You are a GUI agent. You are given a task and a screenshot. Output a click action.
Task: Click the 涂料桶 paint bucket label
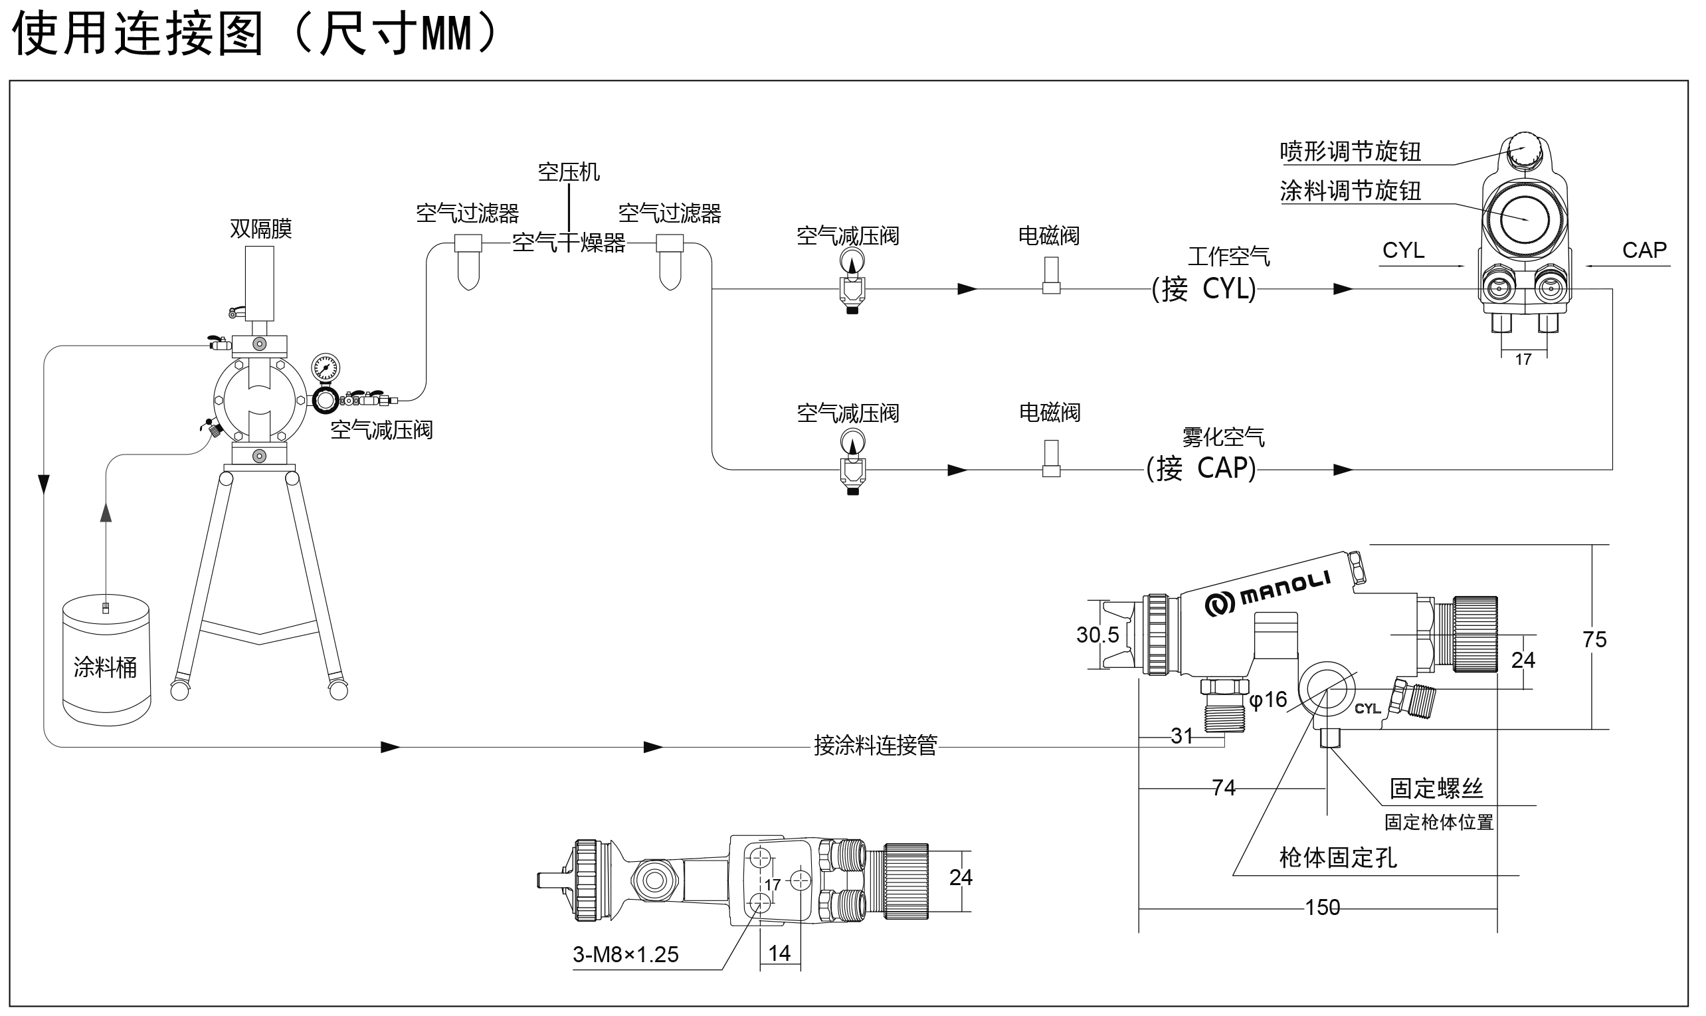[105, 667]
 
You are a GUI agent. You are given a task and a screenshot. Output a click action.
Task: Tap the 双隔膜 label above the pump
[260, 229]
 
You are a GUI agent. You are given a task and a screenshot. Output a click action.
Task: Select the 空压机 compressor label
[569, 172]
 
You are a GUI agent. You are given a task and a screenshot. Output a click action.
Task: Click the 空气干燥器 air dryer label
[569, 243]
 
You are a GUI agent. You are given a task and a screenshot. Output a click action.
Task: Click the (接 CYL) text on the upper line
[1204, 289]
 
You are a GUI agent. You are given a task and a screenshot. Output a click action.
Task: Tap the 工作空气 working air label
[1228, 256]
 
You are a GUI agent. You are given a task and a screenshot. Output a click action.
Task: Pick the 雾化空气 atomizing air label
[1223, 437]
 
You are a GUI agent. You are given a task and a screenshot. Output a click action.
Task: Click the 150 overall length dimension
[1322, 908]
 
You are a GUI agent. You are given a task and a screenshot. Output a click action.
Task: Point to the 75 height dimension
[1594, 639]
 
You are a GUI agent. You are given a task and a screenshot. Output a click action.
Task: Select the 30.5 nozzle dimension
[1097, 635]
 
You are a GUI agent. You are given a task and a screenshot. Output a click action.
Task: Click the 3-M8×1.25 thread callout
[625, 954]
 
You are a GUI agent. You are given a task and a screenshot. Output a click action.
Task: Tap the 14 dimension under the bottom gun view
[779, 953]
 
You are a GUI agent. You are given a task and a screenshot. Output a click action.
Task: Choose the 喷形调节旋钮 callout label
[1350, 152]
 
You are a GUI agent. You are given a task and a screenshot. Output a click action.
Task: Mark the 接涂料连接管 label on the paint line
[875, 745]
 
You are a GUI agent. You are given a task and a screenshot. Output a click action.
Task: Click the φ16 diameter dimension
[1268, 700]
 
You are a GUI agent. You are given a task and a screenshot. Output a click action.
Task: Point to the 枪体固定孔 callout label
[1338, 857]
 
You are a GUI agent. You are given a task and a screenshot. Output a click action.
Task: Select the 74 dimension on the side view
[1224, 788]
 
